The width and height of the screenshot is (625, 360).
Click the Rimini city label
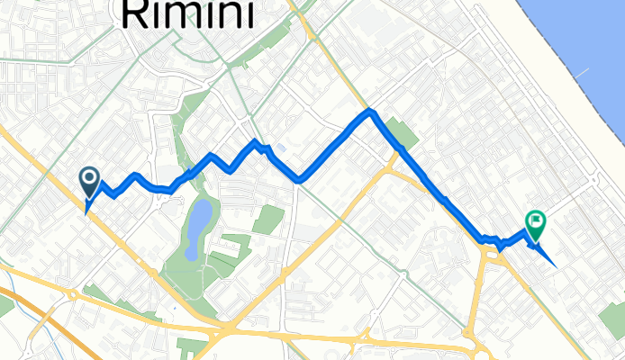[x=187, y=13]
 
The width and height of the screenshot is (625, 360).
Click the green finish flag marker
[x=536, y=222]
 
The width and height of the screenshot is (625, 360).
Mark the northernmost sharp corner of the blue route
[x=369, y=112]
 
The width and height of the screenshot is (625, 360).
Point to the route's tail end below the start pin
[x=86, y=212]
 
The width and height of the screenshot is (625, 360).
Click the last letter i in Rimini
[x=244, y=13]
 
